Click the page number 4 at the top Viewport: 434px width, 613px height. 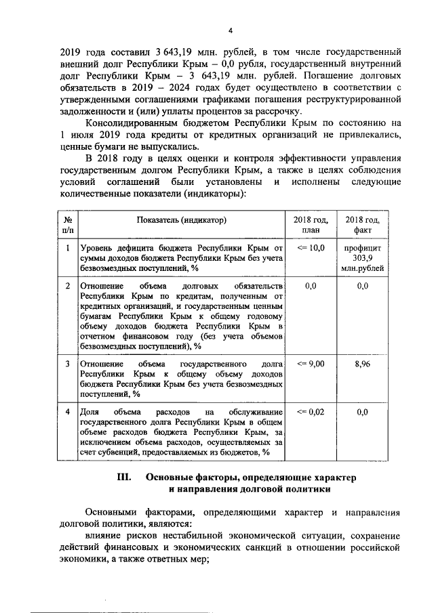coord(231,30)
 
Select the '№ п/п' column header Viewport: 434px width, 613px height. coord(68,225)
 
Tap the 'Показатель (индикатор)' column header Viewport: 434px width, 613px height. coord(181,220)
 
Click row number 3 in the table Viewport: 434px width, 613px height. coord(68,364)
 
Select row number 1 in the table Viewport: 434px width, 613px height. coord(68,249)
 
